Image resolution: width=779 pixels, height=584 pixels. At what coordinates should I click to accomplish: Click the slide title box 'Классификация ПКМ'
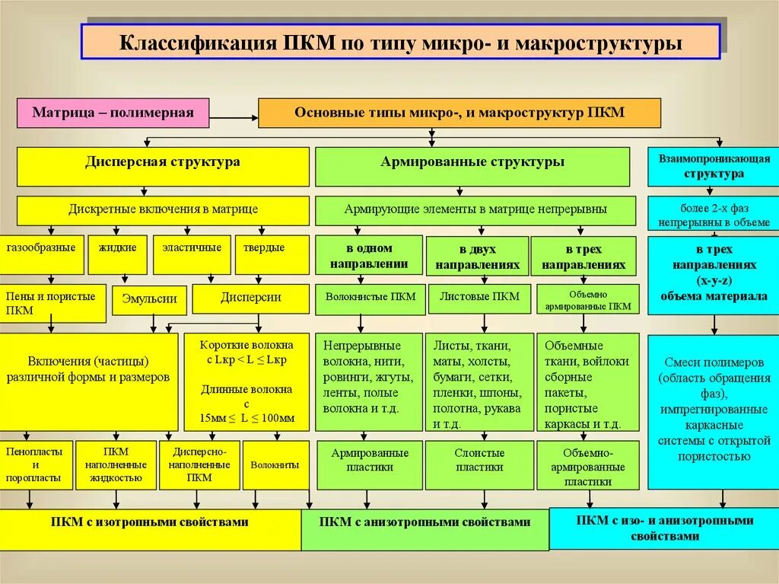[x=400, y=42]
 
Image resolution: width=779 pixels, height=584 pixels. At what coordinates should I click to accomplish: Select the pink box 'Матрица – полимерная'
[x=113, y=113]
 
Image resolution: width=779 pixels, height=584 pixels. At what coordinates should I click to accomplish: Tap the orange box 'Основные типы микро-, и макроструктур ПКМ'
[x=459, y=113]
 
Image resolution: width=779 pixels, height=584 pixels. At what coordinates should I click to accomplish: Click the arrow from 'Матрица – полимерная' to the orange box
[x=234, y=118]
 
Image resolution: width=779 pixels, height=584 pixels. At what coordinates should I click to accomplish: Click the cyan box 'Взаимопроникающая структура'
[x=713, y=166]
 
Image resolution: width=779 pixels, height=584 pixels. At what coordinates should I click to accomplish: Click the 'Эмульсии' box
[x=149, y=298]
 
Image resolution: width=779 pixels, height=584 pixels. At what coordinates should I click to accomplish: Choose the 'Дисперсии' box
[x=250, y=298]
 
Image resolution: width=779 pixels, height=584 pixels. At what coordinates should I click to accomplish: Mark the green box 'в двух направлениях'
[x=477, y=256]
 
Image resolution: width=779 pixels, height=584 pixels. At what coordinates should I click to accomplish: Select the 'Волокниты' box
[x=275, y=464]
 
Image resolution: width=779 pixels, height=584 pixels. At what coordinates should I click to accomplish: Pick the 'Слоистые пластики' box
[x=479, y=460]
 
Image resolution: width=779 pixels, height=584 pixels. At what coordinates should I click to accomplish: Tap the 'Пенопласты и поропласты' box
[x=37, y=464]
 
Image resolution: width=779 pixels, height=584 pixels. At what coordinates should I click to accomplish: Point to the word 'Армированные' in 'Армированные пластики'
[x=370, y=453]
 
